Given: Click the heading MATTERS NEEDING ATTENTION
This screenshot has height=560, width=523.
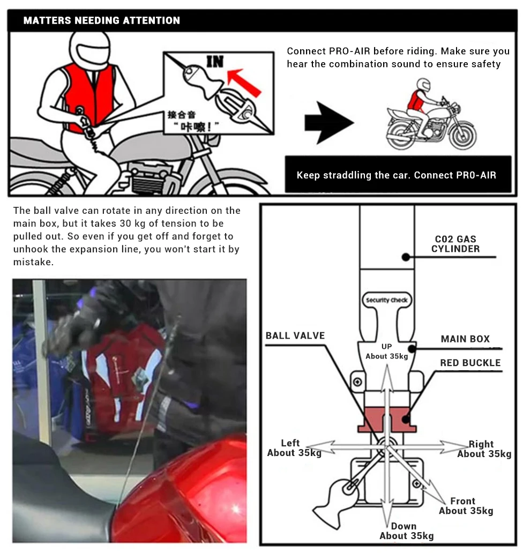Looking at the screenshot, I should (102, 21).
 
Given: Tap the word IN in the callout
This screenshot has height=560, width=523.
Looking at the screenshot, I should (215, 62).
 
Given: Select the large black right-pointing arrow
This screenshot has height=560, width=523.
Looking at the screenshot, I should (328, 123).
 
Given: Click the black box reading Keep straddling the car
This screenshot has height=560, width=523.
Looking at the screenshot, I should (397, 175).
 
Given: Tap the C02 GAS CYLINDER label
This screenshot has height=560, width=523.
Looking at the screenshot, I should (455, 244).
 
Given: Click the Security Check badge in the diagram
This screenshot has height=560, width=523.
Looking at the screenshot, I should (387, 300).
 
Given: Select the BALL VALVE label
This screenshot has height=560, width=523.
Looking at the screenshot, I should (295, 335).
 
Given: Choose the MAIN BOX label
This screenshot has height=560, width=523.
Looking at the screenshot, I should (465, 339).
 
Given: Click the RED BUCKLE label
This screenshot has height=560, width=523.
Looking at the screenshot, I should (470, 363).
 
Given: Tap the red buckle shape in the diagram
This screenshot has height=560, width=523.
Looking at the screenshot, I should (387, 419).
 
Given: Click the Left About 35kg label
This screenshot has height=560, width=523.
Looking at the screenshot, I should (294, 448).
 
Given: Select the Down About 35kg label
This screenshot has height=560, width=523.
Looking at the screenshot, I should (406, 531).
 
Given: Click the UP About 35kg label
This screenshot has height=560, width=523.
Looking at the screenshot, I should (387, 352).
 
